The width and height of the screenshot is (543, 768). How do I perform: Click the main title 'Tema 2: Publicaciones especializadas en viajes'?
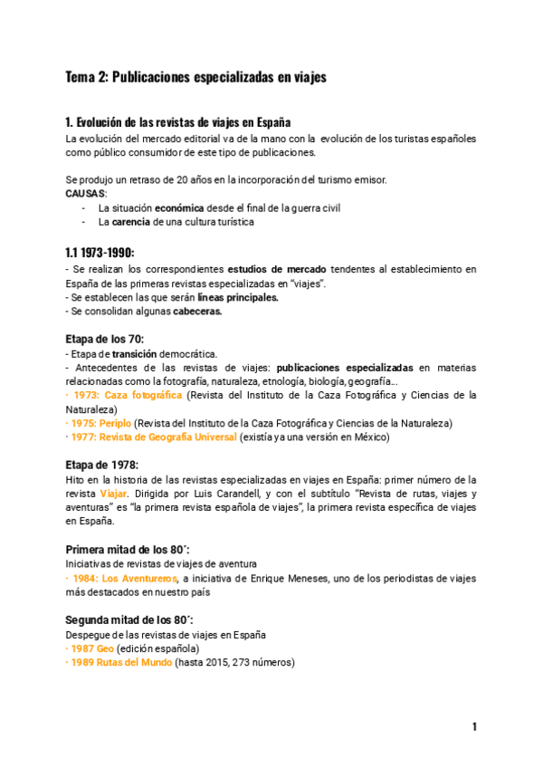(195, 78)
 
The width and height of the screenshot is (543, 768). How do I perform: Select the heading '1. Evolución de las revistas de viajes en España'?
(177, 123)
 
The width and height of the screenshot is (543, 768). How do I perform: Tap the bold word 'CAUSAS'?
(85, 194)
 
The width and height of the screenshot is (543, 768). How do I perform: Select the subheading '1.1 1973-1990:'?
(100, 253)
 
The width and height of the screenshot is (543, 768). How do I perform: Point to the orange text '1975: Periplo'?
(100, 423)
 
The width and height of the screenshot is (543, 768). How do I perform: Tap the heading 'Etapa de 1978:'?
(101, 465)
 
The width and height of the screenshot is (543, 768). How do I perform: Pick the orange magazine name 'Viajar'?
(113, 494)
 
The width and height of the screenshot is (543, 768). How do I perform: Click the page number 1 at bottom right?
(473, 726)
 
